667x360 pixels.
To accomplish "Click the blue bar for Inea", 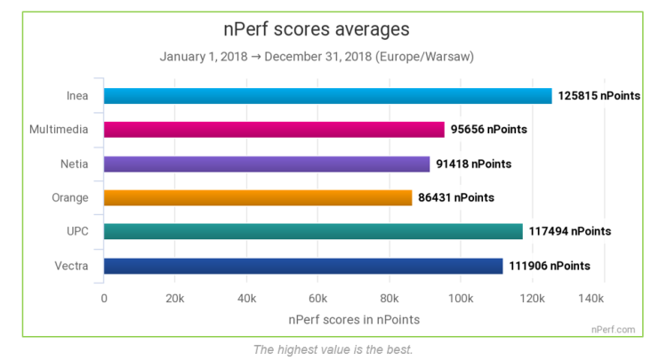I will [x=327, y=96].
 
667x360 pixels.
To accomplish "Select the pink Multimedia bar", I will [x=274, y=130].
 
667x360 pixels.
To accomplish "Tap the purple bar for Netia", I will [x=267, y=164].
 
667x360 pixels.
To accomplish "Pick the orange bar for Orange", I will [x=258, y=197].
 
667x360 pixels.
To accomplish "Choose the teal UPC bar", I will [x=313, y=231].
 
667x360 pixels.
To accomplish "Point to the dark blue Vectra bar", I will [x=303, y=265].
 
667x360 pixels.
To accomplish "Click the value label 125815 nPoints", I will [x=599, y=96].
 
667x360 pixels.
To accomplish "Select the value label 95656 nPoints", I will [x=488, y=130].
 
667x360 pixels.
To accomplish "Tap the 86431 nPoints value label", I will [x=455, y=197].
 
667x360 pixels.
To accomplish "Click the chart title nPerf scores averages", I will [x=316, y=29].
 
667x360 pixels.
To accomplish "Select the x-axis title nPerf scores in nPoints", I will [x=354, y=318].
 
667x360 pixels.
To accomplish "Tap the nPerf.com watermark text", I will [x=614, y=329].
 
